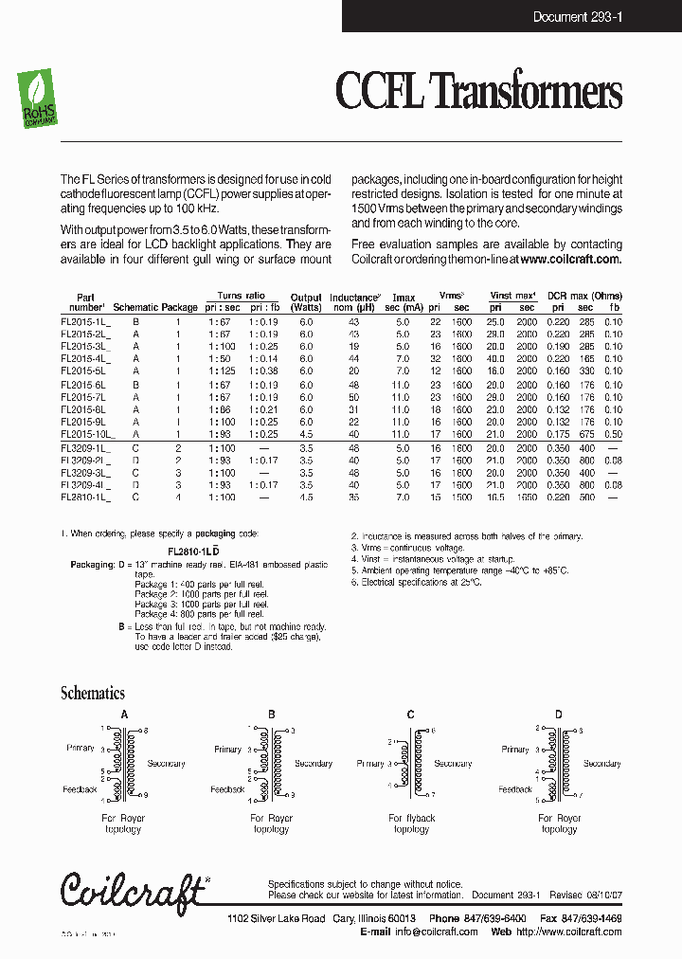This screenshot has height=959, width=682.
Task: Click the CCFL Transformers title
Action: click(478, 93)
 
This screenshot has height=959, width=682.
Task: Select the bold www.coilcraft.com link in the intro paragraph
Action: click(570, 259)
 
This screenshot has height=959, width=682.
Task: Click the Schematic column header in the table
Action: click(135, 307)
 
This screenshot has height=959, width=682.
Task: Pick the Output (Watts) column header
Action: click(306, 302)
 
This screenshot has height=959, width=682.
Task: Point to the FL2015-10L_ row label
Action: click(86, 433)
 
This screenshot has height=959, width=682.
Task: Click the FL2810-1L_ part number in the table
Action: click(85, 496)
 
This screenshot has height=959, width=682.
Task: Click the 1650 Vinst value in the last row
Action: click(527, 496)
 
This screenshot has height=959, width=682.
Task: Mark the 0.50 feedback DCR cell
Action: click(614, 433)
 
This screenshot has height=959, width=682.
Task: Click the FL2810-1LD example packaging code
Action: click(194, 550)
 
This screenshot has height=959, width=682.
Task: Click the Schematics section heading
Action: click(93, 693)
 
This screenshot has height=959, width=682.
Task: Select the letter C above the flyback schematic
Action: click(410, 714)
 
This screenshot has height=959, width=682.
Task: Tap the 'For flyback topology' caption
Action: click(412, 823)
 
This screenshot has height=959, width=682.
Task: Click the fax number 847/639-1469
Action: click(582, 918)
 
